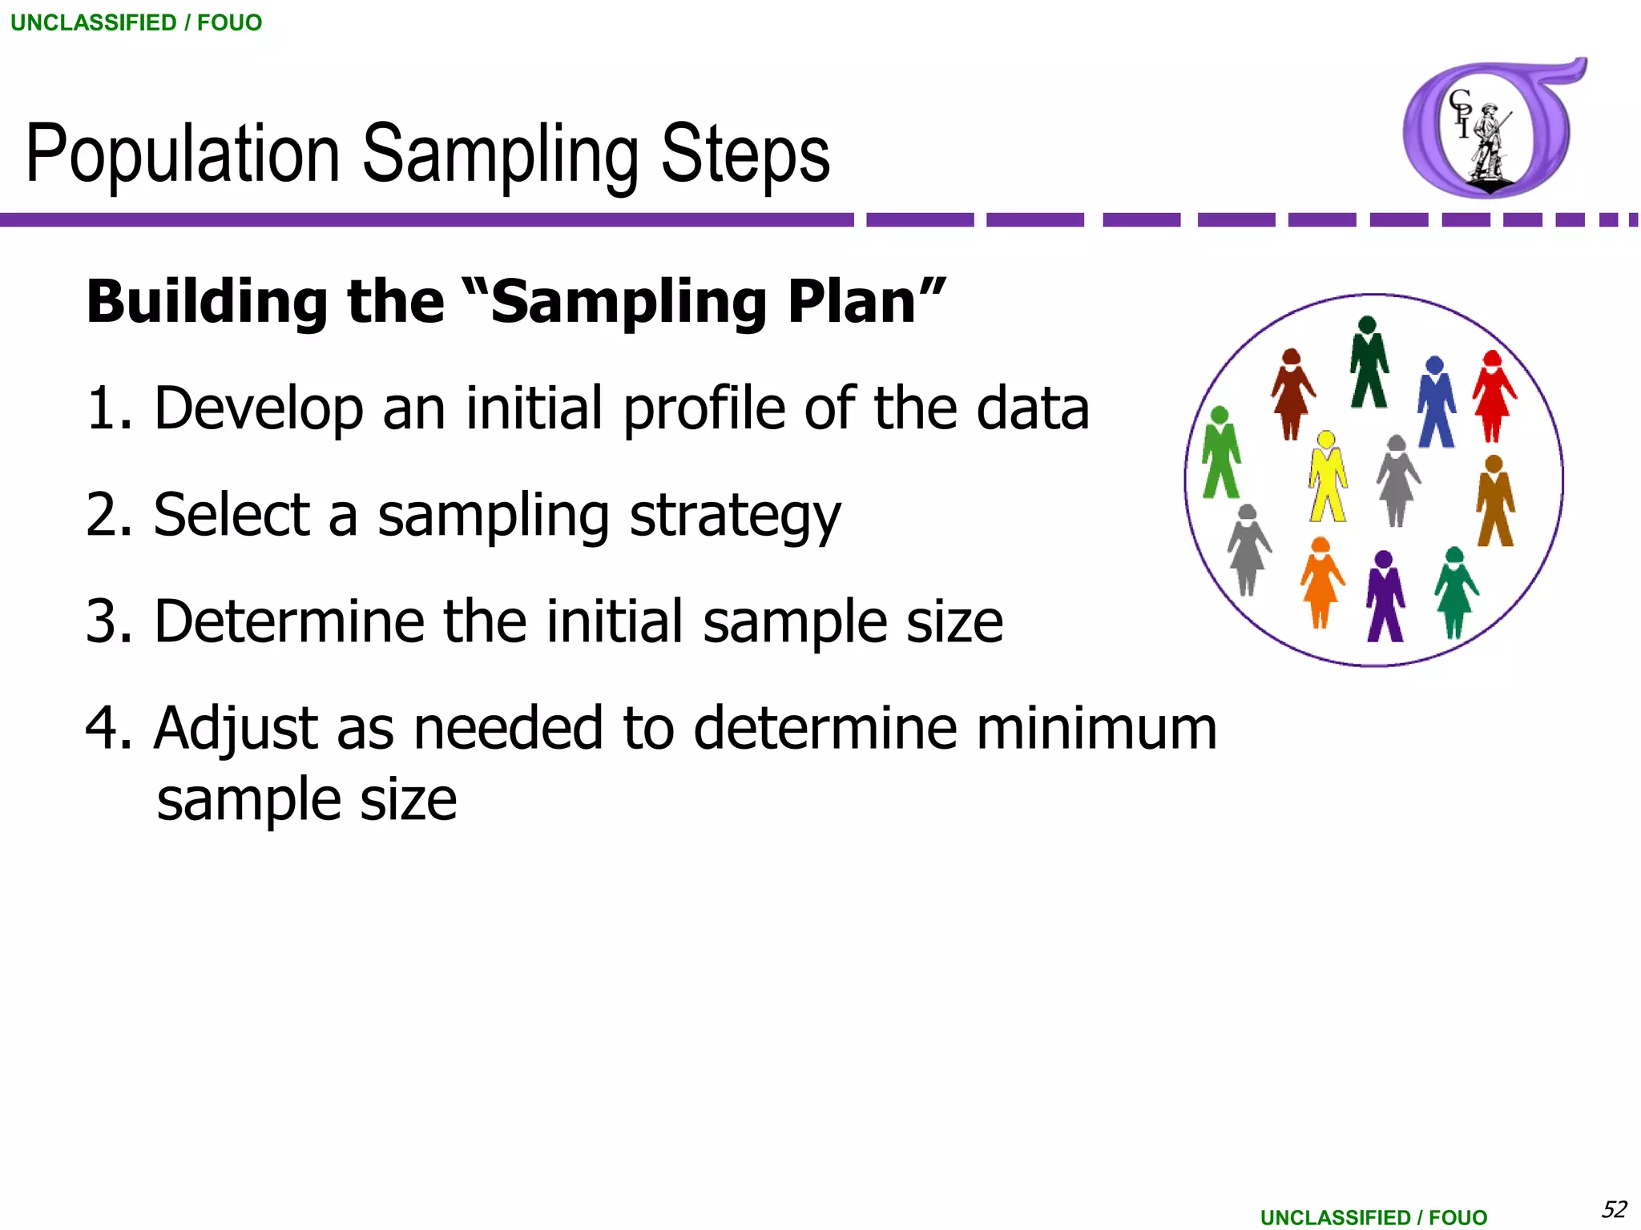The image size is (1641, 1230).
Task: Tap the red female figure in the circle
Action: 1493,396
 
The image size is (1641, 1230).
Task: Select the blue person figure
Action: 1436,403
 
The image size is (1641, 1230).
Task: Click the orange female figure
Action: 1320,582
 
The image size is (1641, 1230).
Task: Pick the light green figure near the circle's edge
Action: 1220,453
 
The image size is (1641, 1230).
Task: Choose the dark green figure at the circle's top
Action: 1369,363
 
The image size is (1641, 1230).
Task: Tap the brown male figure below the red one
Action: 1494,501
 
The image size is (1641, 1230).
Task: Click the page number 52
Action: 1614,1208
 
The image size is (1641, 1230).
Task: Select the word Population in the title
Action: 183,155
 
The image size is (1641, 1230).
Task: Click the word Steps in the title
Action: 744,155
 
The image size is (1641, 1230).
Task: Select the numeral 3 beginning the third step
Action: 102,621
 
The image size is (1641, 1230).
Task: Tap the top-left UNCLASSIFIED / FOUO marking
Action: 136,22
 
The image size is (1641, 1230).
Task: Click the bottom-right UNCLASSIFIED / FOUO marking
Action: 1373,1217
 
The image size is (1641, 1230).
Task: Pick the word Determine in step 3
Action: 288,621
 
